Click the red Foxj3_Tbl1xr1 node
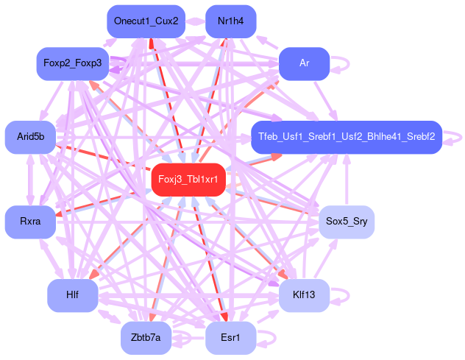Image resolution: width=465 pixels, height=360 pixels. (188, 180)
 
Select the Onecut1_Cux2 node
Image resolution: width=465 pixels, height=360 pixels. (146, 21)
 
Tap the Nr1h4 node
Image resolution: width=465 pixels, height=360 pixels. (231, 21)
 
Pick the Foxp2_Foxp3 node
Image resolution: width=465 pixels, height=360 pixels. (73, 63)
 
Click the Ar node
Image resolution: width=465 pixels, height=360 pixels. (304, 63)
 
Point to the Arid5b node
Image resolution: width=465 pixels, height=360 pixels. (30, 137)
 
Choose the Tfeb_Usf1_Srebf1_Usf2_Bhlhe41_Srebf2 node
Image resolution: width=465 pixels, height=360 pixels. (346, 137)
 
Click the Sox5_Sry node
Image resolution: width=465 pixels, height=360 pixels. (346, 222)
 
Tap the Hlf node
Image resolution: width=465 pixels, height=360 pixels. (73, 295)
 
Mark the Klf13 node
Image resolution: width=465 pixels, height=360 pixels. (304, 295)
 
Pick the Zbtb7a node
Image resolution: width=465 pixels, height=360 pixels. (146, 338)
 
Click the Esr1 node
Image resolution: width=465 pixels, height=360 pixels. (231, 338)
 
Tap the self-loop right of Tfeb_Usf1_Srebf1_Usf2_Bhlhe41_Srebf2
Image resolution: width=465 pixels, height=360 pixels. (458, 137)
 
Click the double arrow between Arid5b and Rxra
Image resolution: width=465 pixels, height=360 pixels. (31, 180)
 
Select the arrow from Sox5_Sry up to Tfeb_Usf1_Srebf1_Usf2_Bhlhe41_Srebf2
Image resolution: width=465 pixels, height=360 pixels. (347, 180)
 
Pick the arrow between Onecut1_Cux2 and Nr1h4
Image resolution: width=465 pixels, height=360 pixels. (196, 21)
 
